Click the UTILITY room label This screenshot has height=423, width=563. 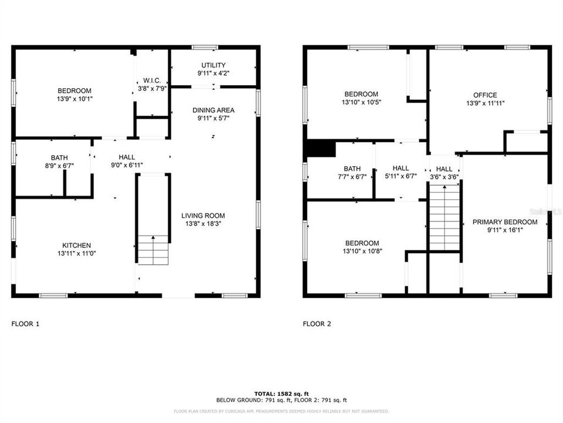[213, 65]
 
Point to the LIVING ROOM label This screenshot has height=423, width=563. [203, 216]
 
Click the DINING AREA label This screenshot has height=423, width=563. [213, 110]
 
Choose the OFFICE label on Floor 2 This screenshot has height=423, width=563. [485, 95]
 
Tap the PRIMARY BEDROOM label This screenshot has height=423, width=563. [505, 222]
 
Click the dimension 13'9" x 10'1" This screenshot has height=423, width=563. [74, 99]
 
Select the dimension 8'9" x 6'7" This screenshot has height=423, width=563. [59, 166]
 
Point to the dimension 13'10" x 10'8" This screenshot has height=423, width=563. [361, 251]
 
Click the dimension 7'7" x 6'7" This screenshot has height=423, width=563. [352, 176]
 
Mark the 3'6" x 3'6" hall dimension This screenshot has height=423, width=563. [444, 176]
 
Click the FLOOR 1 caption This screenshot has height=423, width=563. [26, 324]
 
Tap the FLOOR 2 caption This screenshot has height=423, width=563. [317, 324]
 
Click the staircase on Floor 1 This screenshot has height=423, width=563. [154, 250]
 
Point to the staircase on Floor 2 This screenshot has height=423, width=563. [445, 217]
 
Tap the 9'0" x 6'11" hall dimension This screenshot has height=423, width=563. [127, 166]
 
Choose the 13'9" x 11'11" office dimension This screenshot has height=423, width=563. [485, 103]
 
